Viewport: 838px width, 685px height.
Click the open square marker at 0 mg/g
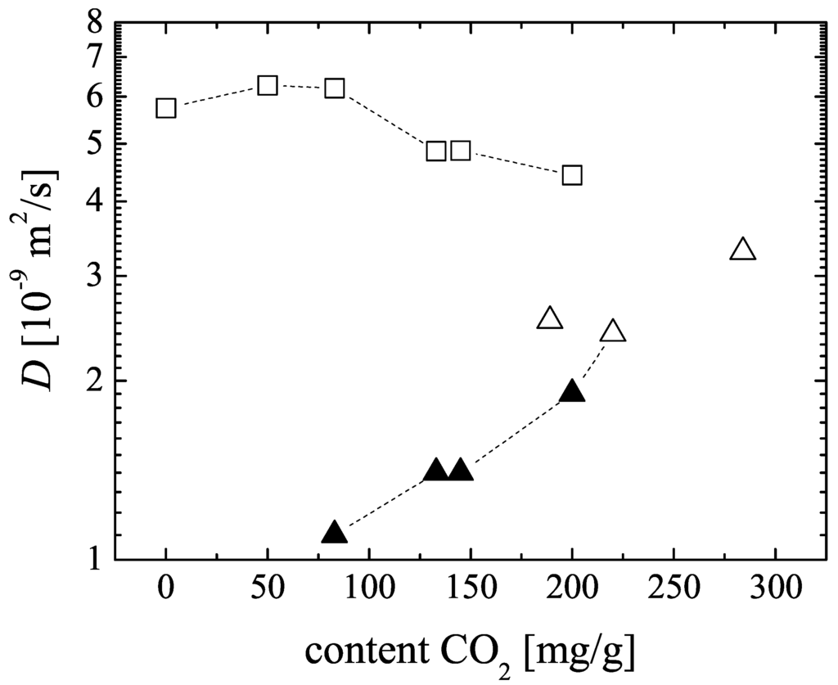tap(166, 108)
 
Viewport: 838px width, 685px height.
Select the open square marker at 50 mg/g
tap(268, 85)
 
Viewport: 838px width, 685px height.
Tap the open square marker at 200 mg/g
tap(572, 175)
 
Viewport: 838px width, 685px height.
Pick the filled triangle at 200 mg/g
tap(572, 392)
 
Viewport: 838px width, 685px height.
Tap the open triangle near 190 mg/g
tap(550, 319)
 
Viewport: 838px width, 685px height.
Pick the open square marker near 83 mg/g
tap(335, 88)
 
